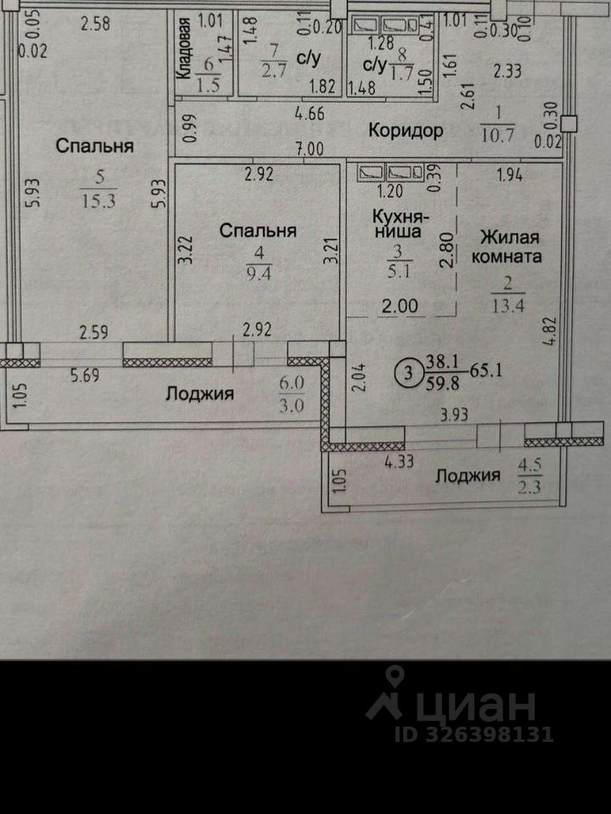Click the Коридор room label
406,131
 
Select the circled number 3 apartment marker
410,371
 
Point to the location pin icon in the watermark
394,678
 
